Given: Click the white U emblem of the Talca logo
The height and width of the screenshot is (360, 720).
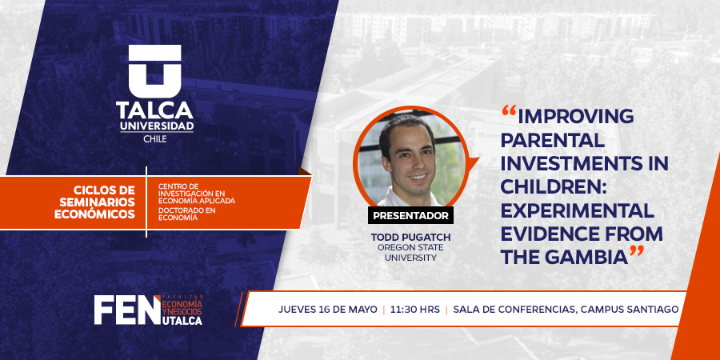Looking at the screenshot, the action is tap(154, 71).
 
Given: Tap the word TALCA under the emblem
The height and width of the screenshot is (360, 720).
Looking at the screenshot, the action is tap(154, 110).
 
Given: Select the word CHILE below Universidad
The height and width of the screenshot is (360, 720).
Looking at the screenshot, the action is tap(155, 139).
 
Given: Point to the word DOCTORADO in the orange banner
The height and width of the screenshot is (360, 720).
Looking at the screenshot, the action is tap(175, 210).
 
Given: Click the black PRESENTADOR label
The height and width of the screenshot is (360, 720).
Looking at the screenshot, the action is tap(410, 215).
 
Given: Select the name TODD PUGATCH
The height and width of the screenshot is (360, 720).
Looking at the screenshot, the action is tap(410, 238).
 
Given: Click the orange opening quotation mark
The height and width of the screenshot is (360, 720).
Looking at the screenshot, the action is tap(510, 110).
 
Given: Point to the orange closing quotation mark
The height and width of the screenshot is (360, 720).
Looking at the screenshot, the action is tap(637, 251).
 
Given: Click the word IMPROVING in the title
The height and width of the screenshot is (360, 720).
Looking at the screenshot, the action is tap(575, 117).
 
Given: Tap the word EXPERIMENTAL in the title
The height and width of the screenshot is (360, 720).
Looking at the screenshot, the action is tap(577, 210).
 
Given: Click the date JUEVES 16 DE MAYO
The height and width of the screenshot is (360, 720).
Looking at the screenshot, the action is tap(327, 309).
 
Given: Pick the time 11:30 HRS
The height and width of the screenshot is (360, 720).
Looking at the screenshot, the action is tap(415, 309).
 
